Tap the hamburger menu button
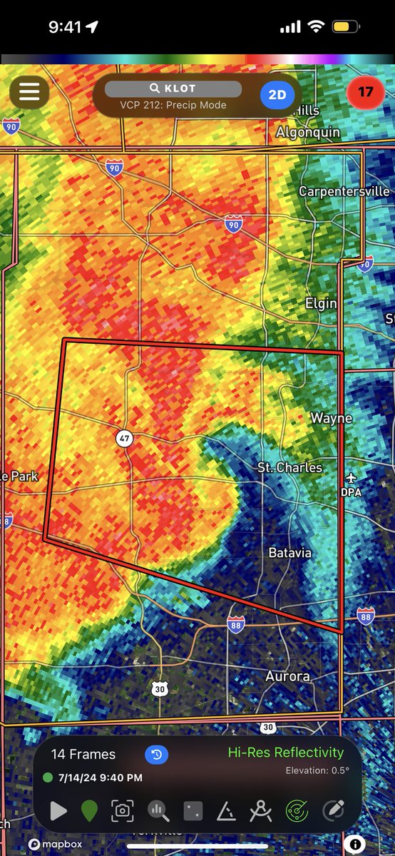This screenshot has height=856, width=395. click(x=29, y=92)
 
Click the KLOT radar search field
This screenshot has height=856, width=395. click(x=173, y=89)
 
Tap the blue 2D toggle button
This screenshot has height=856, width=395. click(x=277, y=93)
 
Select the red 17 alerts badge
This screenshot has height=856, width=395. click(x=365, y=92)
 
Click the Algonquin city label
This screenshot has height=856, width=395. click(x=309, y=133)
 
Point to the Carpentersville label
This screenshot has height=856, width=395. click(x=344, y=191)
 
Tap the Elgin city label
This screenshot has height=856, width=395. click(x=321, y=303)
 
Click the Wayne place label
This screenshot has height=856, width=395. click(x=331, y=418)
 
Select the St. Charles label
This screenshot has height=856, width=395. click(x=289, y=467)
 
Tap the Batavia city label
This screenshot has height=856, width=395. click(x=290, y=553)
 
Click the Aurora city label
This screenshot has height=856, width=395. click(x=287, y=676)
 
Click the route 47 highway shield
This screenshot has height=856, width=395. click(x=124, y=439)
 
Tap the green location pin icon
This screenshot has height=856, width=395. click(x=89, y=811)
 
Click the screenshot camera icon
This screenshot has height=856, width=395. click(x=123, y=811)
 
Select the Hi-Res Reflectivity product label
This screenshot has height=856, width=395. click(x=285, y=753)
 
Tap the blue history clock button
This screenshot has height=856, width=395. click(x=156, y=755)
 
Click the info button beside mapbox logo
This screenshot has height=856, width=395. click(x=374, y=844)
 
